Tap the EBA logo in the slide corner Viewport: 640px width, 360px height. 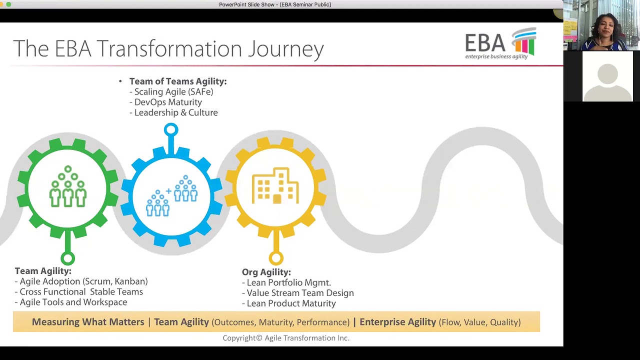pos(500,44)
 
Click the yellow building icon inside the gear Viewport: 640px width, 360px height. pos(275,186)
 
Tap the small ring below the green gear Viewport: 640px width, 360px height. pos(68,258)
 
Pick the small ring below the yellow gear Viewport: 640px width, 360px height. pos(276,258)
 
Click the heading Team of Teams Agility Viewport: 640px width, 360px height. pos(177,81)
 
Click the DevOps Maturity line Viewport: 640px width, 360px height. pos(168,102)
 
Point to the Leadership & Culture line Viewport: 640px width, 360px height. pos(175,112)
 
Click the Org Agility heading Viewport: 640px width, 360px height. pos(266,272)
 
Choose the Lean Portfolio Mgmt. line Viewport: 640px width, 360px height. pos(288,282)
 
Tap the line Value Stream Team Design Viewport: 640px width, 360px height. pos(300,293)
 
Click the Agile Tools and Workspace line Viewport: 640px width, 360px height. pos(73,302)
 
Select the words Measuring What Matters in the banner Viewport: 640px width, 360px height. pos(88,322)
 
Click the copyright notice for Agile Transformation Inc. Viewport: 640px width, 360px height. pos(286,338)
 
